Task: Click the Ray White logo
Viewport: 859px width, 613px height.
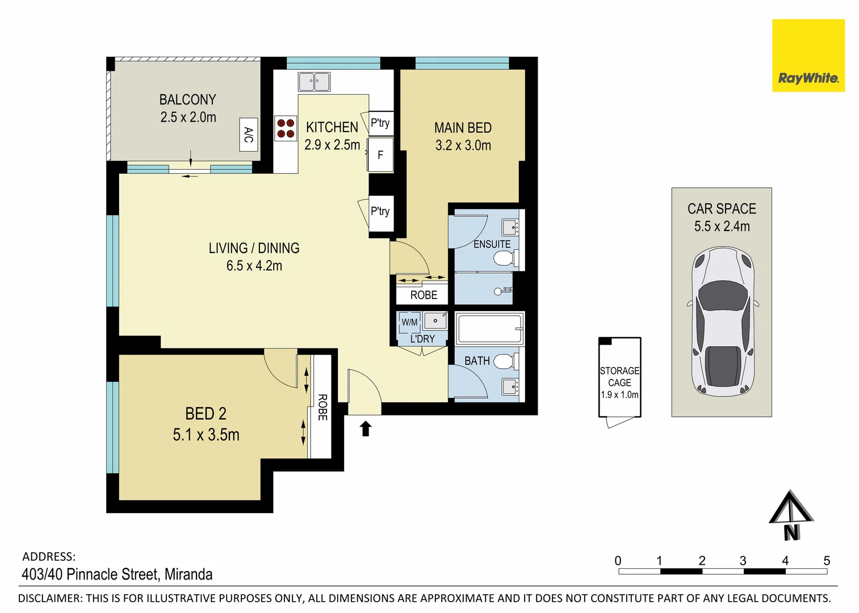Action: (808, 56)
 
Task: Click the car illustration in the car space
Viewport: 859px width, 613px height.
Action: (722, 321)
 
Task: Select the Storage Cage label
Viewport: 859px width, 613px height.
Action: (619, 377)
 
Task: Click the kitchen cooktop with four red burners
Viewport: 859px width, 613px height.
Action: (286, 128)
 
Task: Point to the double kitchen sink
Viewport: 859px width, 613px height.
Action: (314, 82)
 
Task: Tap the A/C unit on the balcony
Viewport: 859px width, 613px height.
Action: (249, 135)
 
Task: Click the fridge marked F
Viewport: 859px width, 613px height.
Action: (380, 155)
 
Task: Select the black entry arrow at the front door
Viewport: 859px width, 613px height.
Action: (366, 429)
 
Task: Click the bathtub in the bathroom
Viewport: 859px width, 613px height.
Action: (489, 329)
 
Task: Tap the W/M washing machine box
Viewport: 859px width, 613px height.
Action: (409, 322)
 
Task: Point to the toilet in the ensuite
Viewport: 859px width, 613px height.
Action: (504, 259)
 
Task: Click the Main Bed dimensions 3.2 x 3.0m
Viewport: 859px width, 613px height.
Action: (463, 146)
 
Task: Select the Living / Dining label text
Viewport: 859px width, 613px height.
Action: (254, 248)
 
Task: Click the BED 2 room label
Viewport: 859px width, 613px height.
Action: (206, 414)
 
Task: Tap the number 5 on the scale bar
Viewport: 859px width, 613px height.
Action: (827, 561)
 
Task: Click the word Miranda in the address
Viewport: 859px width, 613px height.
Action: (188, 574)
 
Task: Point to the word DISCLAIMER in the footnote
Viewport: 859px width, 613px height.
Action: (50, 598)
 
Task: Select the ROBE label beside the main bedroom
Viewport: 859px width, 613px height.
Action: (424, 295)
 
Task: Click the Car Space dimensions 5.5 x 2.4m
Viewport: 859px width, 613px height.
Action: (722, 226)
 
